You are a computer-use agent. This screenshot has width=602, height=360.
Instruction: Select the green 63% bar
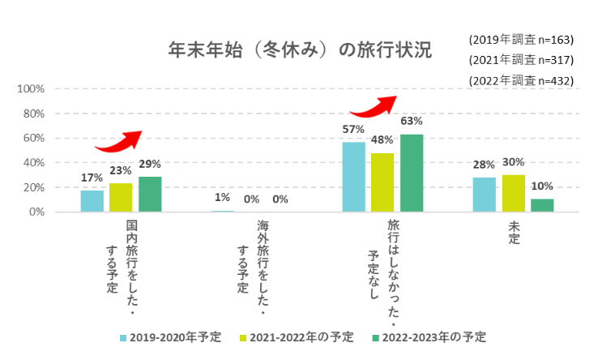point(412,173)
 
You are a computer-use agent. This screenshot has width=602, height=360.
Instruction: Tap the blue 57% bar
point(353,177)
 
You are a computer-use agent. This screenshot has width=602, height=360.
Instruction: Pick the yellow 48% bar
point(382,182)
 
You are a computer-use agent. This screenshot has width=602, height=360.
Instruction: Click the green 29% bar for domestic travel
point(150,194)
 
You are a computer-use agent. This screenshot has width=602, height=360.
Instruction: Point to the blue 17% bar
point(92,201)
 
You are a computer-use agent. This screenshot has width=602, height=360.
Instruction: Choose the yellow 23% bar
point(121,197)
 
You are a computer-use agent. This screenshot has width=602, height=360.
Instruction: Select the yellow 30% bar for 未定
point(513,193)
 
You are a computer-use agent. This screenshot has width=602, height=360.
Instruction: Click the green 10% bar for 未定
point(542,205)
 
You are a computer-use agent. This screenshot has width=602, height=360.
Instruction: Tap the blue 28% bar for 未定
point(484,195)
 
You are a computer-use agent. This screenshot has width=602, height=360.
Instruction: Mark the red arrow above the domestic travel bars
point(118,142)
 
